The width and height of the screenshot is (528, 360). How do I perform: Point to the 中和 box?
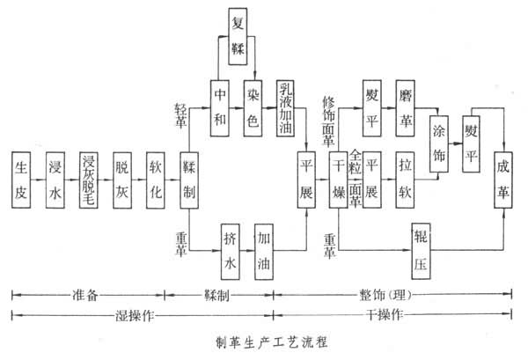coord(220,107)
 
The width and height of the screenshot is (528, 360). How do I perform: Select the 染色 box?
coord(253,107)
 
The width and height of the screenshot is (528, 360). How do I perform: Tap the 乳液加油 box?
coord(288,107)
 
